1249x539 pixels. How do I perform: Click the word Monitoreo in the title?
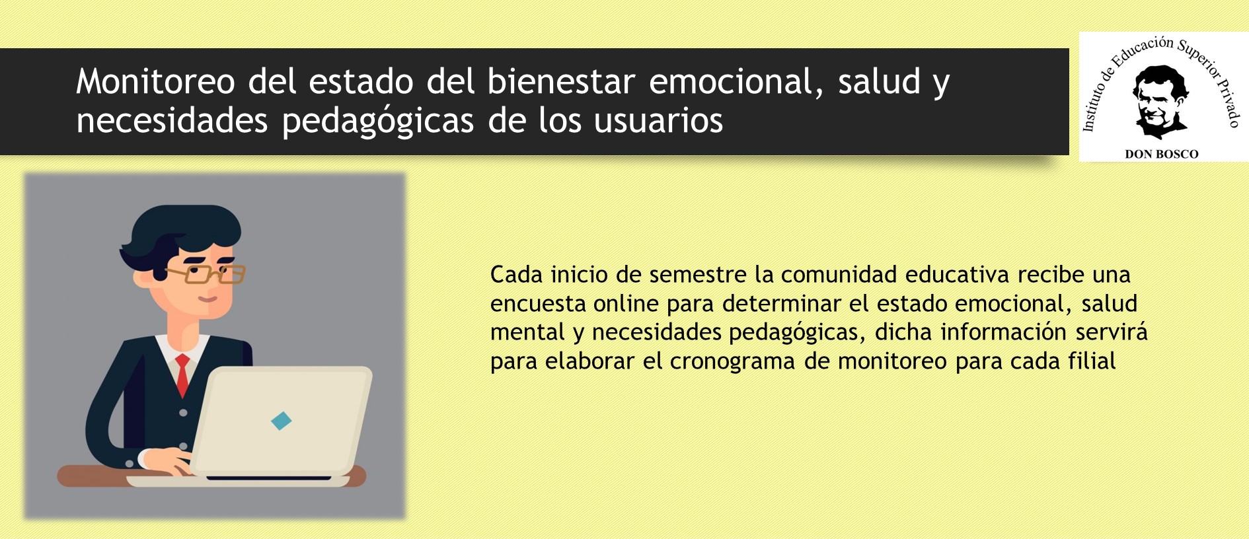pos(155,82)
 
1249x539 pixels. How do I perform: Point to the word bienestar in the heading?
pos(561,82)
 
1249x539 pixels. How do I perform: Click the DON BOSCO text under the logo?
pos(1162,154)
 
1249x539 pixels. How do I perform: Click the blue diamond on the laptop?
pos(282,421)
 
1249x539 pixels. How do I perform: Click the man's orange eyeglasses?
pos(206,273)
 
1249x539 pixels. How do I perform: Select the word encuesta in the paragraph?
pos(537,304)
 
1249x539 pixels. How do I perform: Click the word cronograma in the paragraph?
pos(732,362)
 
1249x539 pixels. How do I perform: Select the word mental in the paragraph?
pos(527,332)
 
